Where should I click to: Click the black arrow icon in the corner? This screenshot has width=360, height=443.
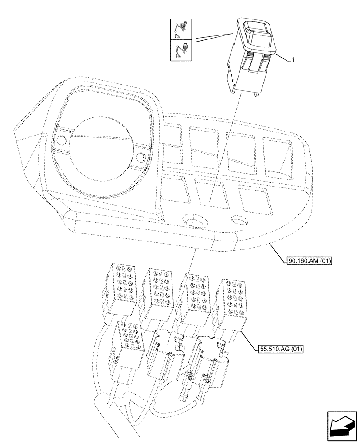[342, 425]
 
